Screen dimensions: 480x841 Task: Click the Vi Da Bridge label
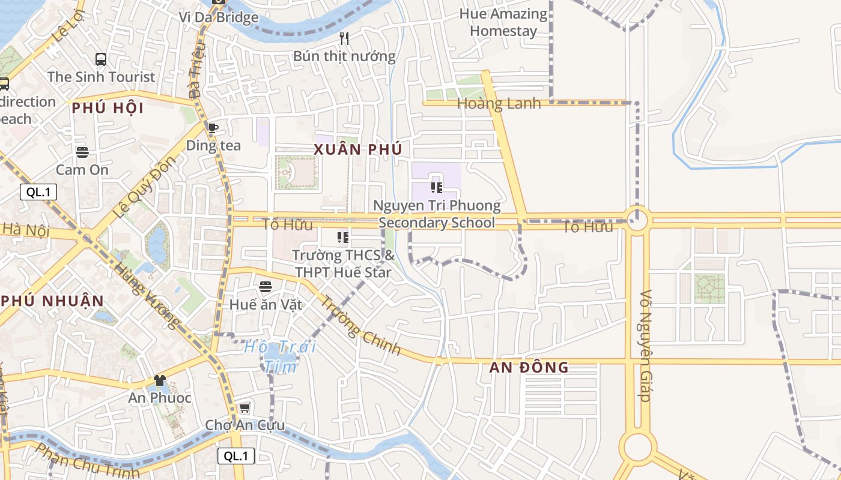[219, 17]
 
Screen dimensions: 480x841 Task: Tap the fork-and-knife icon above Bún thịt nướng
[344, 38]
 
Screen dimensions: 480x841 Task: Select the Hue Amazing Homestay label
[503, 22]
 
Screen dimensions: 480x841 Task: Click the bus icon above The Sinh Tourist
[101, 59]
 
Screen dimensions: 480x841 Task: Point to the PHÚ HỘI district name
[108, 109]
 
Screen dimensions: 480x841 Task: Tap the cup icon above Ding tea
[213, 127]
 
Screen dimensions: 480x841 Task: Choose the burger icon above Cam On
[82, 152]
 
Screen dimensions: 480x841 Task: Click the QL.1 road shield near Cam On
[38, 192]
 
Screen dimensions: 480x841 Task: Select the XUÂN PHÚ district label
[357, 150]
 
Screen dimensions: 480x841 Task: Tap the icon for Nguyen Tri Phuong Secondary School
[437, 187]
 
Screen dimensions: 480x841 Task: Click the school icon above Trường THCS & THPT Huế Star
[343, 238]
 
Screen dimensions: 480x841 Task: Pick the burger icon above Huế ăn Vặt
[266, 287]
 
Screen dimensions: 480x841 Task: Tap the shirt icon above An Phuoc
[159, 380]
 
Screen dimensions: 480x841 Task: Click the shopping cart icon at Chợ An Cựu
[244, 408]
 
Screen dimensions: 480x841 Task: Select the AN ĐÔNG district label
[529, 367]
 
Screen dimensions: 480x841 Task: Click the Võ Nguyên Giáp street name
[646, 346]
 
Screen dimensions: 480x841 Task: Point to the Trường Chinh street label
[360, 325]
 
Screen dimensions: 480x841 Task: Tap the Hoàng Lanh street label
[499, 104]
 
